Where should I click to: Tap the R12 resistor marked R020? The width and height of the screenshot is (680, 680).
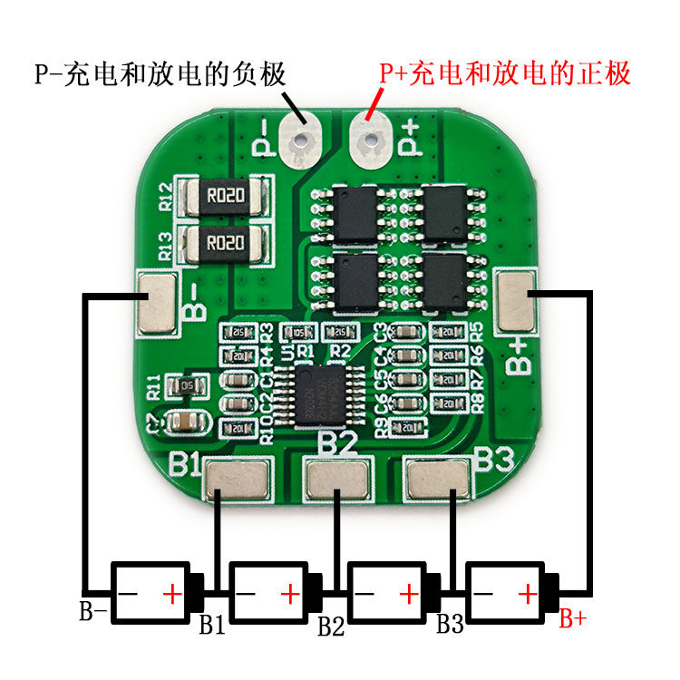(x=223, y=196)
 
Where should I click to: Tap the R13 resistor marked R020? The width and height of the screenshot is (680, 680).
(x=223, y=243)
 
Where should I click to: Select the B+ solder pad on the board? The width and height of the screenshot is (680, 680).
(x=519, y=300)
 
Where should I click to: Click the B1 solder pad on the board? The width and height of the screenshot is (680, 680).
(x=237, y=480)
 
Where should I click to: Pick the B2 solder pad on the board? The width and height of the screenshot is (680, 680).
(x=337, y=480)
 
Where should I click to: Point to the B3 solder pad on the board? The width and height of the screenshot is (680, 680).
(x=439, y=480)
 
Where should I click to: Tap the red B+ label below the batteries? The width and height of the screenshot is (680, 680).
(x=572, y=620)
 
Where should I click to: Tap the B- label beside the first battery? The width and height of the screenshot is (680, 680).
(x=94, y=612)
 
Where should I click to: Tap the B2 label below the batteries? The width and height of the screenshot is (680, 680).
(x=331, y=626)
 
